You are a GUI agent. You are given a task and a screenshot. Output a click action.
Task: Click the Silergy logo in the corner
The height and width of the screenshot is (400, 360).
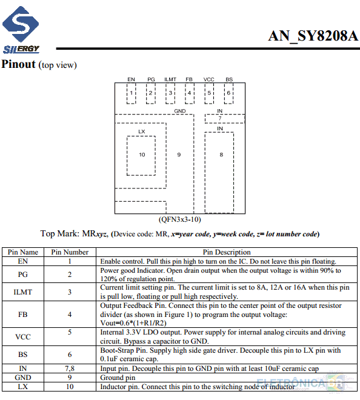tap(21, 30)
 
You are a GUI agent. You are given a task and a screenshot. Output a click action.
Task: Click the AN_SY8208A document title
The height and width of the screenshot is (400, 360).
tap(313, 36)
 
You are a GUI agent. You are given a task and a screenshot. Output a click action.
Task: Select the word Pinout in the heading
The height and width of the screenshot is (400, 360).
tap(18, 64)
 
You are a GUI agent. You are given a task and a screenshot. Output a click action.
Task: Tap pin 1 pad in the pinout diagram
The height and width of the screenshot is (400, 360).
tap(131, 93)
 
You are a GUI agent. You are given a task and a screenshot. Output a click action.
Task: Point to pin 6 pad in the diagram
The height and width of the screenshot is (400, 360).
tap(228, 93)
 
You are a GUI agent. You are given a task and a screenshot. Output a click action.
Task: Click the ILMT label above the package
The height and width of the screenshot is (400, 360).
tap(170, 79)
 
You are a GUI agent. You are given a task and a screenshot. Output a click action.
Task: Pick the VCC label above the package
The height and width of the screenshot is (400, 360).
tap(208, 79)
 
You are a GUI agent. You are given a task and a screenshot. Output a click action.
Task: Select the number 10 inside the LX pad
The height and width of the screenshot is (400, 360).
tap(142, 155)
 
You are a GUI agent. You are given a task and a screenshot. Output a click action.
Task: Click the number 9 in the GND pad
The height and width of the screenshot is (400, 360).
tap(179, 155)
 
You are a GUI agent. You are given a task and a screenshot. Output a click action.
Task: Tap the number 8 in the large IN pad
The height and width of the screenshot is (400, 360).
tap(221, 155)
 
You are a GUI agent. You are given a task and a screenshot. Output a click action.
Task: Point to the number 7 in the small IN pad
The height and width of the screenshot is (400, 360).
tap(220, 118)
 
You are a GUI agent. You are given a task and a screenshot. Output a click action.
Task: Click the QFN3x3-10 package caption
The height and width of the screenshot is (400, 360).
tap(180, 219)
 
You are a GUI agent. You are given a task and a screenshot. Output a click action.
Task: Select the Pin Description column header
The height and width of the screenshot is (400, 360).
tap(227, 252)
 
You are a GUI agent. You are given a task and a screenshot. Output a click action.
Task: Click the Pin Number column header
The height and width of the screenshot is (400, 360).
tap(70, 252)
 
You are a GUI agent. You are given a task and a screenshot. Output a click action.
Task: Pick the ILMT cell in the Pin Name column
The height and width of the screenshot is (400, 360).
tap(22, 292)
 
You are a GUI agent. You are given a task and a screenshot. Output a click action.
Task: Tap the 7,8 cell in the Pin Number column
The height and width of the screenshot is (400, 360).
tap(70, 368)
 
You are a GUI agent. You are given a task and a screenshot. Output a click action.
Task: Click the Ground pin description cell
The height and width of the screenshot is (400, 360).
tap(118, 378)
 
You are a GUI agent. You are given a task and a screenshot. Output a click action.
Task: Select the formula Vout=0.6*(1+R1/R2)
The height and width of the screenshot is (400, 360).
tap(133, 323)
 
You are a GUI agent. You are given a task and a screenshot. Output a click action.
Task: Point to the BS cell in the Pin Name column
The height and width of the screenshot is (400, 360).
tap(22, 355)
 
